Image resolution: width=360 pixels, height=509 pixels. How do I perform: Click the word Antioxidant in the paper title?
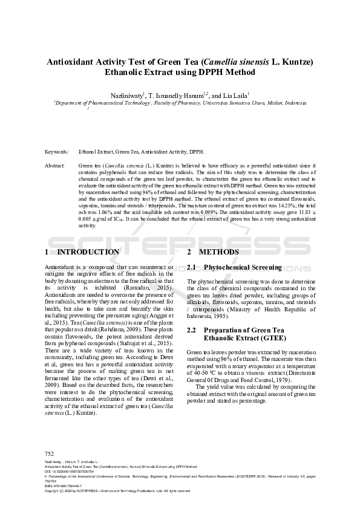[x=71, y=61]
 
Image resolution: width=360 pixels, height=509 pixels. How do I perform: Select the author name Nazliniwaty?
[x=126, y=96]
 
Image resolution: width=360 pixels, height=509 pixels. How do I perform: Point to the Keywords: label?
[x=57, y=152]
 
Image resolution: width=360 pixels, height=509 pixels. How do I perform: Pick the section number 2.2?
[x=192, y=330]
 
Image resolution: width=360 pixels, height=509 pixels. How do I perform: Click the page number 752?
[x=50, y=453]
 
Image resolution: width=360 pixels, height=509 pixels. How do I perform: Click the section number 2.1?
[x=192, y=267]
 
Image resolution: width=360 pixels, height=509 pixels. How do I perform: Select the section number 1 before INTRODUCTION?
[x=47, y=252]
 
